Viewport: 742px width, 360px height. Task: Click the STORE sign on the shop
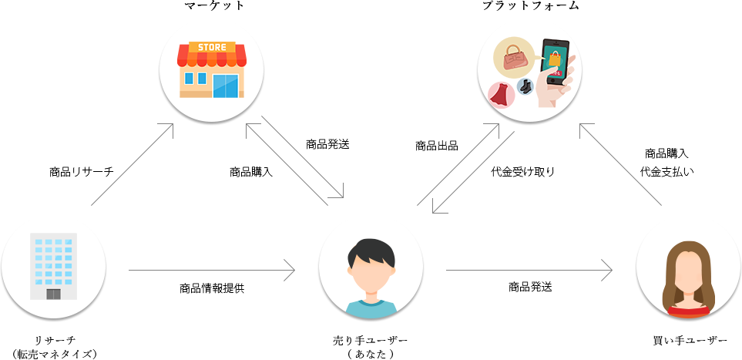[212, 47]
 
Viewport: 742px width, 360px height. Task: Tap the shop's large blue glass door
[226, 85]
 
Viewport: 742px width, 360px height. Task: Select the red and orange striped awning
[212, 57]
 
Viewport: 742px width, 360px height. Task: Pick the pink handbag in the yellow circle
[514, 58]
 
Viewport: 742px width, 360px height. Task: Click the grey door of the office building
[53, 294]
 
